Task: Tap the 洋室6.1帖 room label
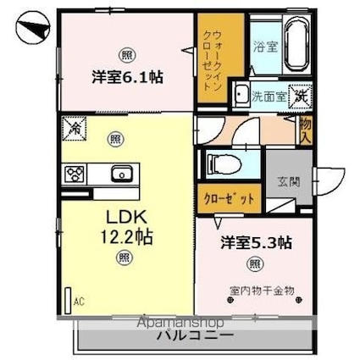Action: (x=127, y=76)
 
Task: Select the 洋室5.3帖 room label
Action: (x=257, y=243)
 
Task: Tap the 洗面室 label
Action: (x=268, y=97)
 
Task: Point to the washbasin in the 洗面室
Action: (x=241, y=95)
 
